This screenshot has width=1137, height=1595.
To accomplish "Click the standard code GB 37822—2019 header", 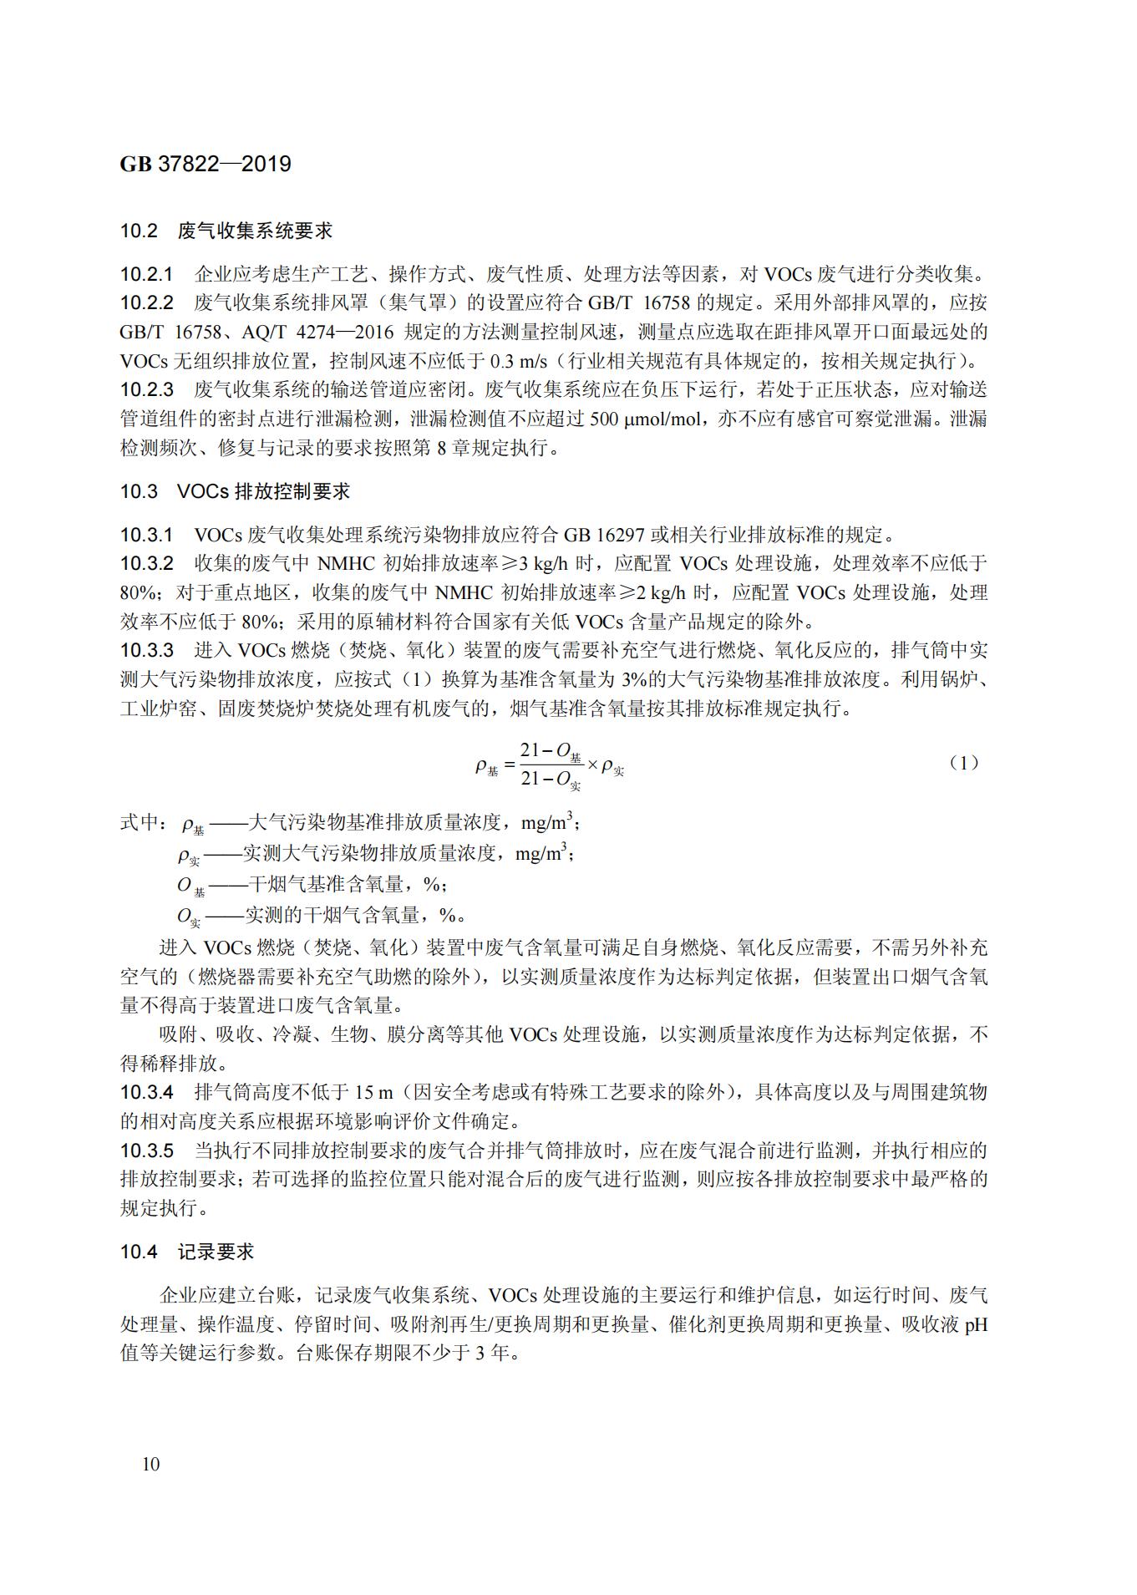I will [206, 164].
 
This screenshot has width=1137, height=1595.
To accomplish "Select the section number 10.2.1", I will [146, 274].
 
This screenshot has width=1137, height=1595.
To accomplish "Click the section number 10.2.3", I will [146, 389].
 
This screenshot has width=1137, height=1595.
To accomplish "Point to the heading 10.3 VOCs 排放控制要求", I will [235, 491].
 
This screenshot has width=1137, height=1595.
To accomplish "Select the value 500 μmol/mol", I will [645, 419].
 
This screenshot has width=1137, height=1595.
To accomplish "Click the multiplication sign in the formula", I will [592, 764].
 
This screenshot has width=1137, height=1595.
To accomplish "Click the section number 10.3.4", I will [146, 1092].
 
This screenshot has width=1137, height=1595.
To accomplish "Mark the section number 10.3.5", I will [146, 1151].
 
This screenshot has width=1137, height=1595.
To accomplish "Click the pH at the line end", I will [976, 1325].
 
